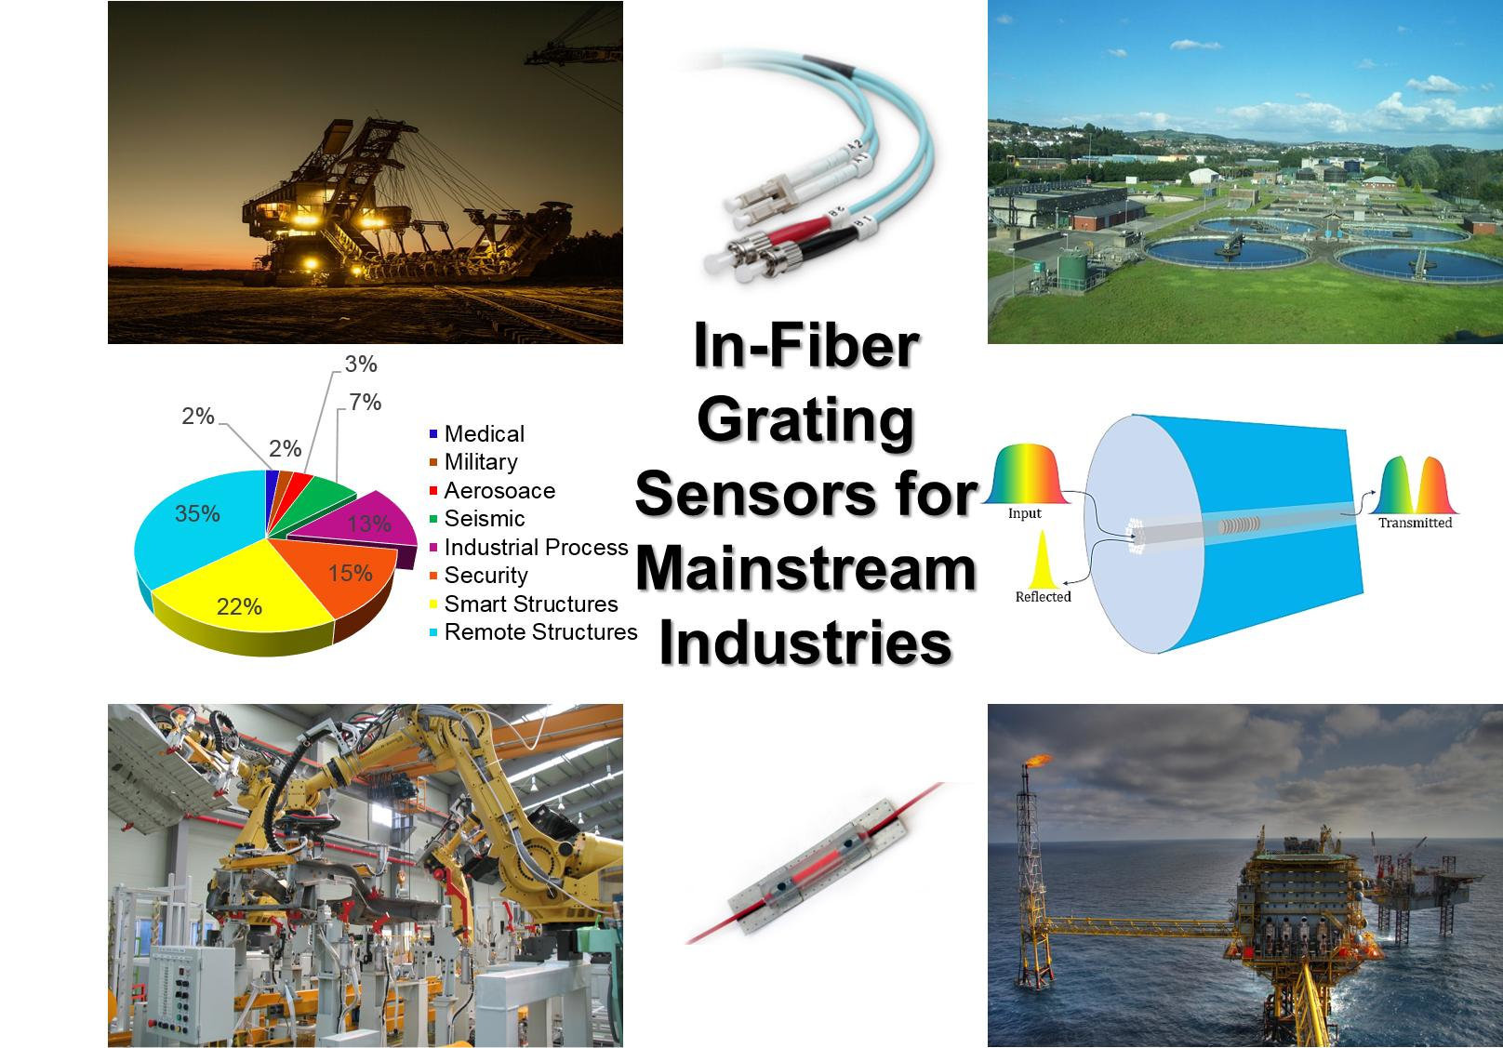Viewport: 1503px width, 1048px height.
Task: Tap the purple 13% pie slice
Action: [x=366, y=524]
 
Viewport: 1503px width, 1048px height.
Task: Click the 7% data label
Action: [x=365, y=402]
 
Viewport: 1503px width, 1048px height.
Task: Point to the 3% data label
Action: [x=361, y=364]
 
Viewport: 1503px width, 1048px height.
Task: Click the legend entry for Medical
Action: [x=477, y=433]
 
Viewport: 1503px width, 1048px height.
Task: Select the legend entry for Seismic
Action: [x=477, y=519]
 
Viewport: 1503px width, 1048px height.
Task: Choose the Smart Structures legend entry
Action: [x=524, y=604]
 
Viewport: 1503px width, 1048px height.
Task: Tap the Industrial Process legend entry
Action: [x=528, y=547]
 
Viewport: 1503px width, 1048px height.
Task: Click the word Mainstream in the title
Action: [x=805, y=569]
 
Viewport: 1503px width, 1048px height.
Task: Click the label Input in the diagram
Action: [x=1025, y=513]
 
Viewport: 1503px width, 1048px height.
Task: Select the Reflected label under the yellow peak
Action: [x=1043, y=596]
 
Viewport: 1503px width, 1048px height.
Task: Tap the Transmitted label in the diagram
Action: [x=1415, y=523]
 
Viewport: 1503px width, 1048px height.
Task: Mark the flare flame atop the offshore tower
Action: [x=1037, y=760]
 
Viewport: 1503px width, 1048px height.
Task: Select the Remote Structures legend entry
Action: [x=534, y=632]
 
